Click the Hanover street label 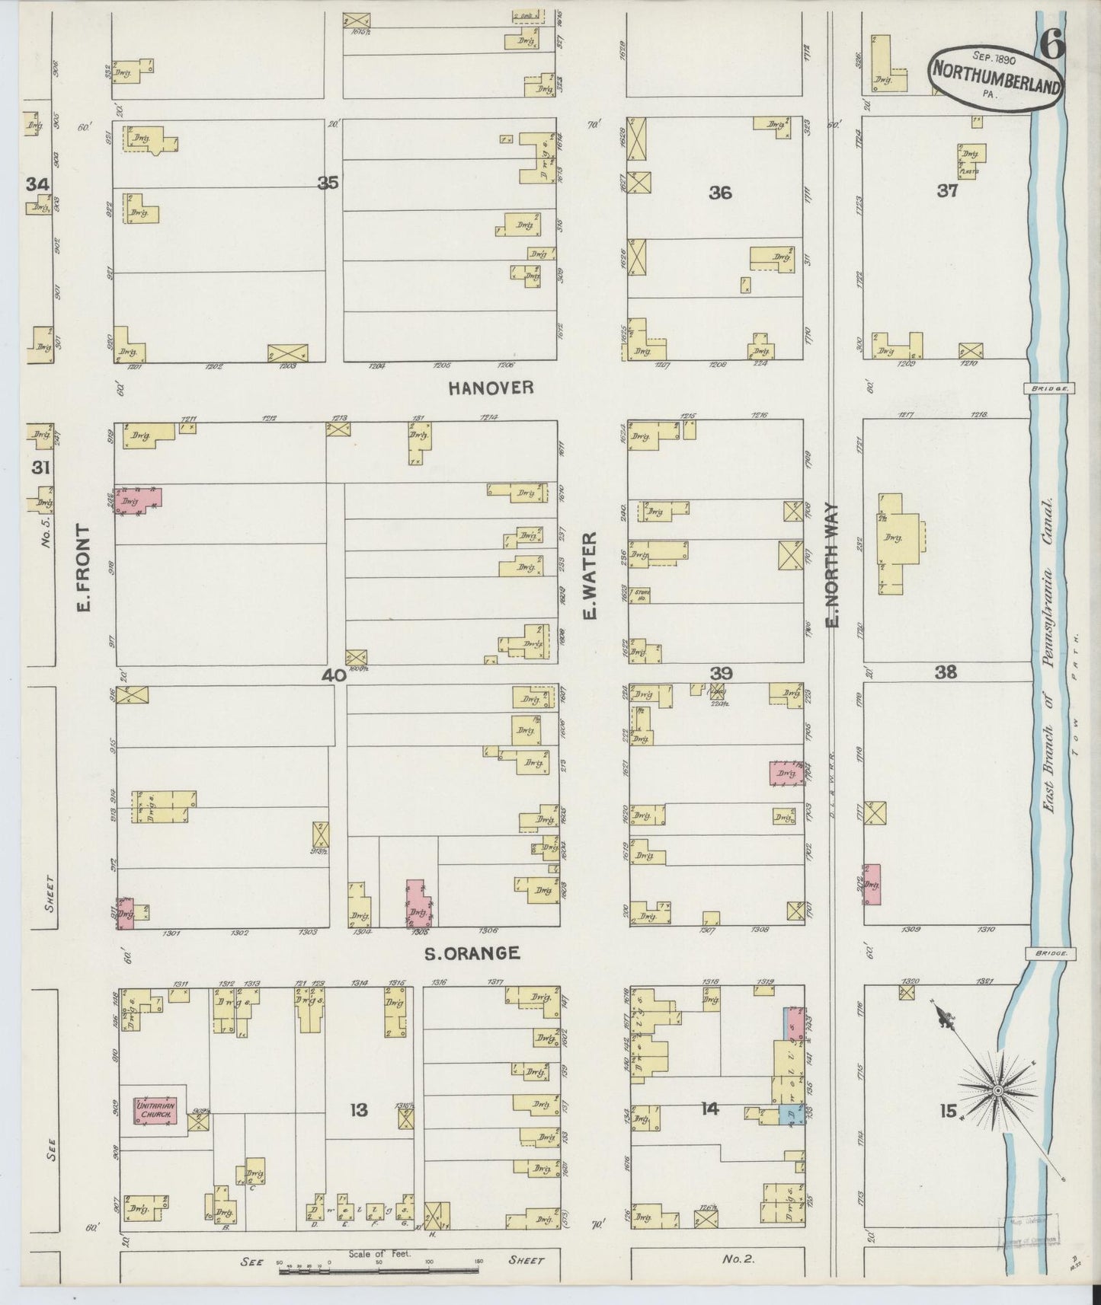pos(490,388)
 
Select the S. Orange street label pos(472,952)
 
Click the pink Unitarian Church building pos(156,1110)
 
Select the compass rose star pos(997,1093)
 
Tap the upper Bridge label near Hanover pos(1049,388)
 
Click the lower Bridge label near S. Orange pos(1049,952)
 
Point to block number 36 pos(720,193)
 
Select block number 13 pos(358,1110)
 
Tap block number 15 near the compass pos(947,1112)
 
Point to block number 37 pos(947,191)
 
